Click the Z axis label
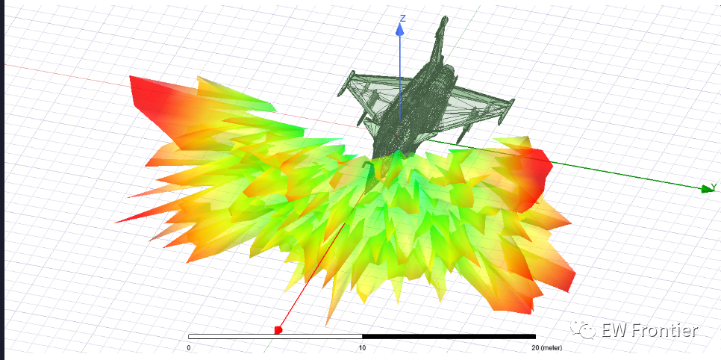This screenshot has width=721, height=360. click(403, 19)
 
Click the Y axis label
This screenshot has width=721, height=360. click(714, 187)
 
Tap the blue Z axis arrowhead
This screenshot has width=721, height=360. click(400, 30)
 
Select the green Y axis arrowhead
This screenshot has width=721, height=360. click(707, 189)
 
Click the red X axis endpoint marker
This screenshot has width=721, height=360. click(278, 329)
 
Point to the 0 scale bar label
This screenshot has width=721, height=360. click(189, 347)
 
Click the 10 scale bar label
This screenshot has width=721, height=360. click(362, 347)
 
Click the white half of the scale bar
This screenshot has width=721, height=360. click(275, 337)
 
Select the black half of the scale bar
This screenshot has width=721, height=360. click(449, 337)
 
